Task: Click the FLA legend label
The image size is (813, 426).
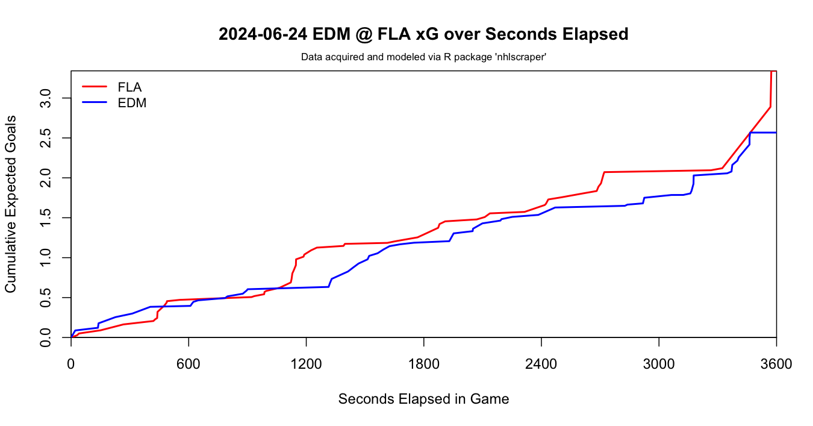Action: pyautogui.click(x=129, y=87)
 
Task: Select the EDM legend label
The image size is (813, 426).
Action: pyautogui.click(x=132, y=103)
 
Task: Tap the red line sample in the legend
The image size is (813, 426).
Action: pyautogui.click(x=95, y=87)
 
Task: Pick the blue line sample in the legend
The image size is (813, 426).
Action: pyautogui.click(x=95, y=103)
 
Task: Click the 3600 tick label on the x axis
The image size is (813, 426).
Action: pyautogui.click(x=776, y=364)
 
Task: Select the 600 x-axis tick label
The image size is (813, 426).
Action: pyautogui.click(x=188, y=364)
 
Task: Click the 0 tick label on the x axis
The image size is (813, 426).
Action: pyautogui.click(x=71, y=364)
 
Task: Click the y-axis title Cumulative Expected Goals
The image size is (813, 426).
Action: pyautogui.click(x=11, y=204)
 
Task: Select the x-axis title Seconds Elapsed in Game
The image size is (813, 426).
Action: pyautogui.click(x=423, y=399)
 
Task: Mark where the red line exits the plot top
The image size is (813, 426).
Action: pyautogui.click(x=771, y=72)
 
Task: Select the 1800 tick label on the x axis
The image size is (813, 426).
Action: pyautogui.click(x=423, y=364)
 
